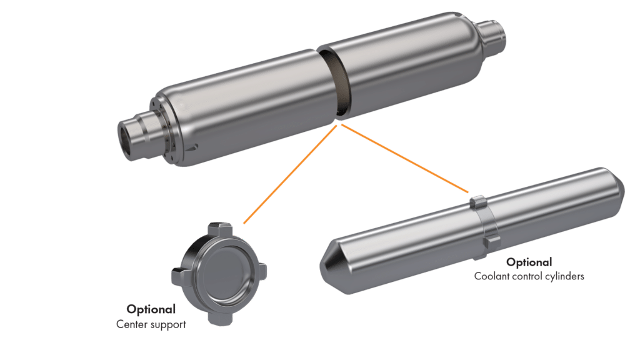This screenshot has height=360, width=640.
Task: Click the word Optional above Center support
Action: (151, 309)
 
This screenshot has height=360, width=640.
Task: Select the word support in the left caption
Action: (167, 325)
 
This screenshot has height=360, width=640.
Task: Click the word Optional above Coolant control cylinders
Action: (529, 262)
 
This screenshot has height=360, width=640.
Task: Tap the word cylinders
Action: (565, 276)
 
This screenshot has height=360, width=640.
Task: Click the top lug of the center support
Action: (223, 227)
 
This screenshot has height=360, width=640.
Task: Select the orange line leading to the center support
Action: (291, 172)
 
